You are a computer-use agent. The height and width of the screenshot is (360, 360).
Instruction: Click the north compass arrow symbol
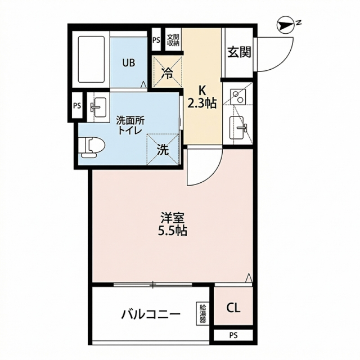pos(286,26)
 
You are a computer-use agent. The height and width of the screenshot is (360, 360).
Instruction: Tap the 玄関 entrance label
pos(238,52)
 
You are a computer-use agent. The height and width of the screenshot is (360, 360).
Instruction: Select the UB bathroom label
pos(128,62)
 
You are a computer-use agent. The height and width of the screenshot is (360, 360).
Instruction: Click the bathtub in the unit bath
pos(91,59)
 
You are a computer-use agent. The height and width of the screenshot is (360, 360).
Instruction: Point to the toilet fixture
pos(91,147)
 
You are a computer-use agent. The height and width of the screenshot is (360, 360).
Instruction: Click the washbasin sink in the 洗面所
pos(99,107)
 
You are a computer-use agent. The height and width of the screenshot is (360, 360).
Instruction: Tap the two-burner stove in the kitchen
pos(238,96)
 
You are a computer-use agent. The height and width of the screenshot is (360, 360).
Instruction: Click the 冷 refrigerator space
pos(168,72)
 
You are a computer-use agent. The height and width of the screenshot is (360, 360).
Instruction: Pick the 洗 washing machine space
pos(163,150)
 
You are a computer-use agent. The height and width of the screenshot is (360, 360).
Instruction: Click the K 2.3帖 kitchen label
pos(202,97)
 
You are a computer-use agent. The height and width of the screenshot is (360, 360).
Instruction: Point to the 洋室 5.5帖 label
pos(172,224)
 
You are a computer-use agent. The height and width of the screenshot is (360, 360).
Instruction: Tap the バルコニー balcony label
pos(150,314)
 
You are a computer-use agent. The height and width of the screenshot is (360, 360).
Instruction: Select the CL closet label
pos(233,308)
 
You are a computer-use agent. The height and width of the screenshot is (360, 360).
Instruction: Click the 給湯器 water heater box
pos(202,314)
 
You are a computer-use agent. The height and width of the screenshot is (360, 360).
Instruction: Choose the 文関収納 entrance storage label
pos(173,40)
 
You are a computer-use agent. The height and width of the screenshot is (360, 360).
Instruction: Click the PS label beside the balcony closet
pos(233,335)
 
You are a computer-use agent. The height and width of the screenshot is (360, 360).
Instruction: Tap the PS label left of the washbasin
pos(77,106)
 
